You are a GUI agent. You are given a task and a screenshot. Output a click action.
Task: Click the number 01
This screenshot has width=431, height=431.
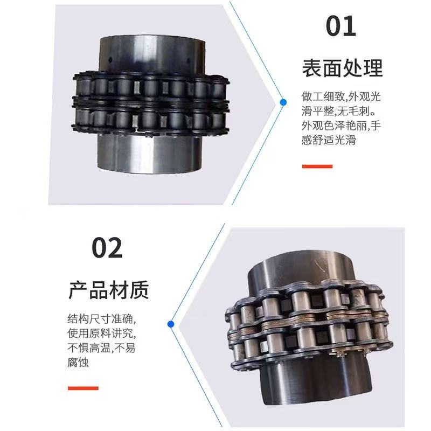(x=341, y=26)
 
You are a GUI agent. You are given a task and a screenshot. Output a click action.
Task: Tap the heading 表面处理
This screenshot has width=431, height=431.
(x=342, y=68)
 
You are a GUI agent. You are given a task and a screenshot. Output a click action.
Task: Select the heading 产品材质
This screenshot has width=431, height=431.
(x=108, y=290)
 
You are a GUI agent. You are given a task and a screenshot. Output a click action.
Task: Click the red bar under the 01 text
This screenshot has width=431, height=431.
(x=317, y=166)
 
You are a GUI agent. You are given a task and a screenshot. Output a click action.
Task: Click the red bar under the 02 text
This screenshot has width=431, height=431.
(x=83, y=387)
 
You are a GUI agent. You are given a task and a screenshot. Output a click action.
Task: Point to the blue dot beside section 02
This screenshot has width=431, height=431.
(x=171, y=324)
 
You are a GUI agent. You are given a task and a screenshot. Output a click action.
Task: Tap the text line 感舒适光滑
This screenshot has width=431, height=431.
(x=329, y=141)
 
